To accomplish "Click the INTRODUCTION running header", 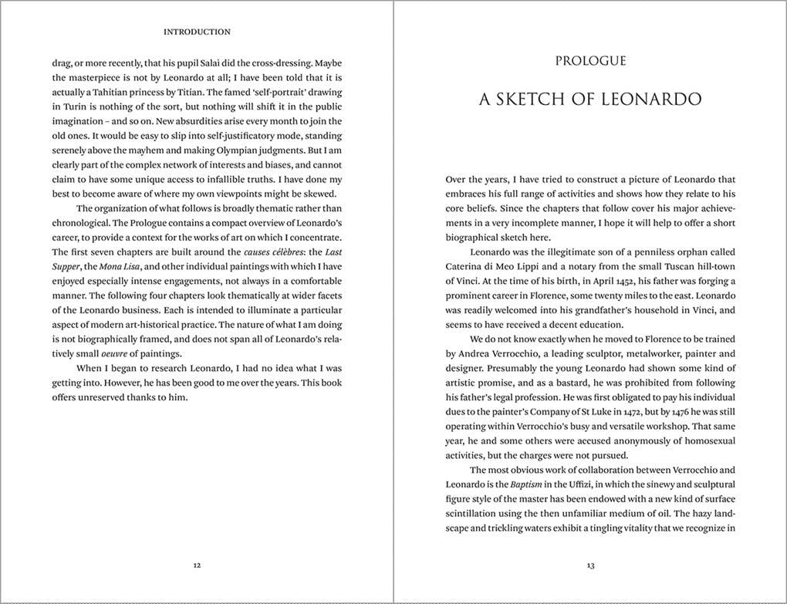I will point(197,32).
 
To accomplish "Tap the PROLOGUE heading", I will point(590,61).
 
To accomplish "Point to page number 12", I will point(197,565).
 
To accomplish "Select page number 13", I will point(590,565).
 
